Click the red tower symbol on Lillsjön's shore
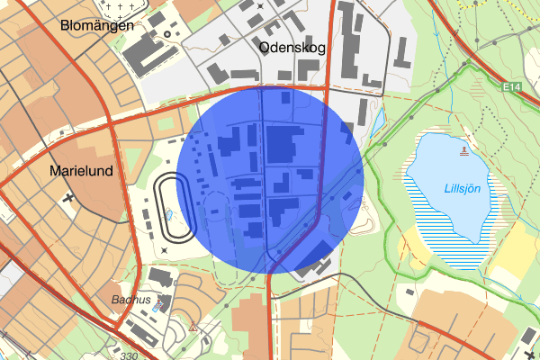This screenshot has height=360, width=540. [464, 150]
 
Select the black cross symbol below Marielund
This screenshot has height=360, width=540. [68, 196]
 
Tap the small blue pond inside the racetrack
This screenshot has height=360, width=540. [168, 216]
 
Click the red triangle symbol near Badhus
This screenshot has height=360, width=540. [193, 327]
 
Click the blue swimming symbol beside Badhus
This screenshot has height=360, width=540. [162, 302]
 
